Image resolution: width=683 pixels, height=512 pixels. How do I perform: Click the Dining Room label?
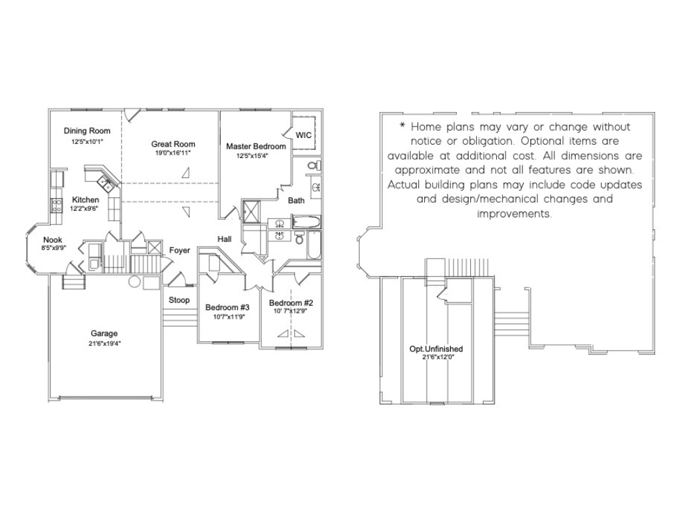pyautogui.click(x=87, y=131)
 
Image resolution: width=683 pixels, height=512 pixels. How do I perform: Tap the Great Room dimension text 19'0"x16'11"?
pyautogui.click(x=173, y=153)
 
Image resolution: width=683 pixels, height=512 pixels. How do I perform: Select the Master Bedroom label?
pyautogui.click(x=256, y=146)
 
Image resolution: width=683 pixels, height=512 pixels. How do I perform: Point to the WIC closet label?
pyautogui.click(x=303, y=135)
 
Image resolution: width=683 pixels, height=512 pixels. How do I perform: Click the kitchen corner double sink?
pyautogui.click(x=105, y=183)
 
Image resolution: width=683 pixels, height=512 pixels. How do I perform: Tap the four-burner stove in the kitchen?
pyautogui.click(x=57, y=205)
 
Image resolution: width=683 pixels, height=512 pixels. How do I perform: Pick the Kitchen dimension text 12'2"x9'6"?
pyautogui.click(x=84, y=209)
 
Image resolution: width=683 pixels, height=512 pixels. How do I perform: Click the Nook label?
pyautogui.click(x=53, y=240)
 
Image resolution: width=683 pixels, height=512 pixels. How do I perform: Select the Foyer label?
pyautogui.click(x=179, y=251)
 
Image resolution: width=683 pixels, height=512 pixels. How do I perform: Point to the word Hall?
pyautogui.click(x=224, y=239)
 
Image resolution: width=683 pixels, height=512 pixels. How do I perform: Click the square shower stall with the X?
pyautogui.click(x=251, y=211)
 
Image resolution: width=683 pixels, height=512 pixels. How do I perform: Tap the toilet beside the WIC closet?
pyautogui.click(x=314, y=165)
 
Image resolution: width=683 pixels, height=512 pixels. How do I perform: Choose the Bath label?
pyautogui.click(x=296, y=201)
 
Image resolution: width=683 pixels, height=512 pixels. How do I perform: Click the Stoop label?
pyautogui.click(x=179, y=300)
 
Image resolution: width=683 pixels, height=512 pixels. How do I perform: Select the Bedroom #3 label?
pyautogui.click(x=227, y=308)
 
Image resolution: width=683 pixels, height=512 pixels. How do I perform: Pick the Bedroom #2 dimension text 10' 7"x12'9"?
pyautogui.click(x=290, y=311)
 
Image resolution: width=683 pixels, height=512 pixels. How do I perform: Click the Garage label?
pyautogui.click(x=104, y=333)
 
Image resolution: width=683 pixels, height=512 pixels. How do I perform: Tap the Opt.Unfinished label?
pyautogui.click(x=436, y=349)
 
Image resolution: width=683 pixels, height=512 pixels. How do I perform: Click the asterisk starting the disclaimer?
pyautogui.click(x=402, y=126)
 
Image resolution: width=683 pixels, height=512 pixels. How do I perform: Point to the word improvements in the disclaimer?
pyautogui.click(x=514, y=214)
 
